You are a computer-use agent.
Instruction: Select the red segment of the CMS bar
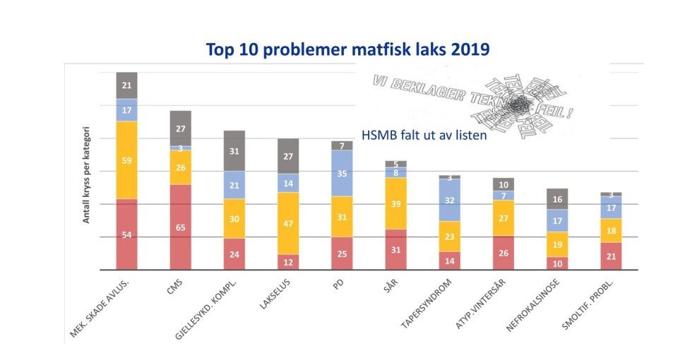(x=181, y=227)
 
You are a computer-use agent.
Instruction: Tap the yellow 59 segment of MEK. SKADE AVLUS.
(x=127, y=160)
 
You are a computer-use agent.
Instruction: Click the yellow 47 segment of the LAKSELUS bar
(x=288, y=223)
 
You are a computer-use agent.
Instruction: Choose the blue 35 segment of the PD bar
(x=343, y=173)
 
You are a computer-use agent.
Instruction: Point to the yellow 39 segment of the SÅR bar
(x=396, y=203)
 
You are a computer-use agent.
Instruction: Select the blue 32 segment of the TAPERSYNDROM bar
(x=450, y=200)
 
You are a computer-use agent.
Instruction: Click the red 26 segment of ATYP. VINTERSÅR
(x=504, y=253)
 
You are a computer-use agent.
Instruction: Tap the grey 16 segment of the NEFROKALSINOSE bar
(x=557, y=199)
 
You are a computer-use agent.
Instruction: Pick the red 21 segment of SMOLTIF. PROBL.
(x=611, y=256)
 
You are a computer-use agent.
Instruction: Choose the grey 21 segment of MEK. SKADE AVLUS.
(x=127, y=85)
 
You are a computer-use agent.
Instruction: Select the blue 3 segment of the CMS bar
(x=181, y=148)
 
